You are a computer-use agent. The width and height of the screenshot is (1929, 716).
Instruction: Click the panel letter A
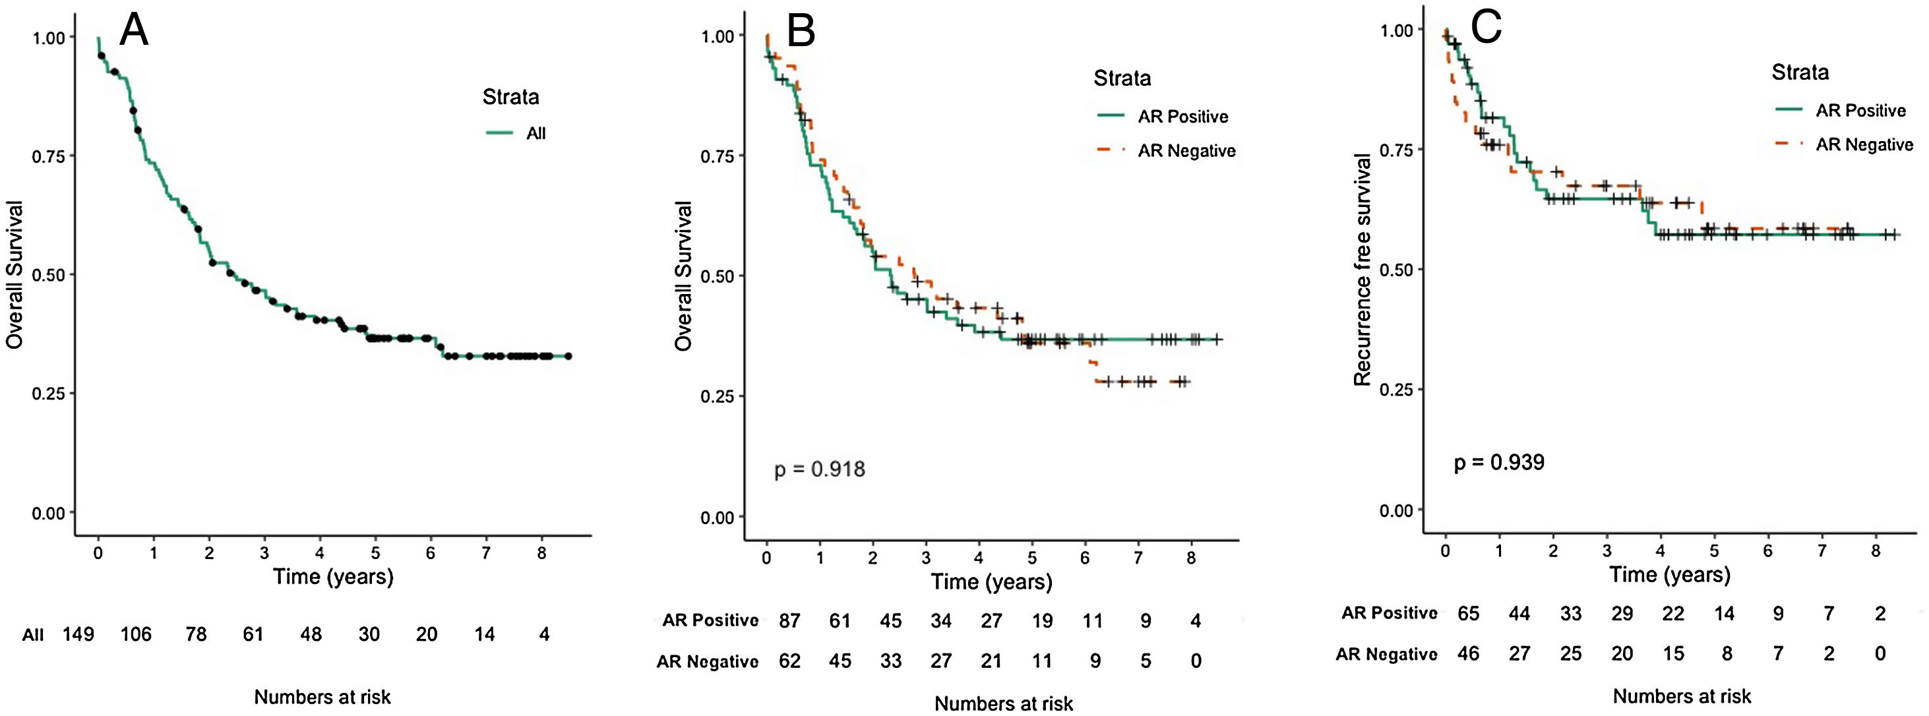[x=134, y=32]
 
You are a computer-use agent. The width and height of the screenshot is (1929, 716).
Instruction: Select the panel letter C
[x=1486, y=28]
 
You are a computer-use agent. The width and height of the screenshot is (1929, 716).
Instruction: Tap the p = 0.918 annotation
[x=819, y=469]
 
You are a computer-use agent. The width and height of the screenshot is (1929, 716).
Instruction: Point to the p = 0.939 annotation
[x=1498, y=462]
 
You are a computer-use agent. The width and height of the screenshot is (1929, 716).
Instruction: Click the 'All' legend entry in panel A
[x=536, y=133]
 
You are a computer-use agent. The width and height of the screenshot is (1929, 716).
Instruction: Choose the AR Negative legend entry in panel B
[x=1186, y=150]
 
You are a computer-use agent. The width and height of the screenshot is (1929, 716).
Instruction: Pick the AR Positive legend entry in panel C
[x=1860, y=111]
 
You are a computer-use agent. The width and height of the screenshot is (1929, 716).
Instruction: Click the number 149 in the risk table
[x=78, y=634]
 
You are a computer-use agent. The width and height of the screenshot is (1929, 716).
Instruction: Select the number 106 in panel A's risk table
[x=136, y=634]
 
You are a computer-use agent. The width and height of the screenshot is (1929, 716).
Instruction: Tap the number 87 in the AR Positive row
[x=789, y=621]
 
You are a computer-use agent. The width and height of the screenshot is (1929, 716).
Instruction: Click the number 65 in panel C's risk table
[x=1468, y=613]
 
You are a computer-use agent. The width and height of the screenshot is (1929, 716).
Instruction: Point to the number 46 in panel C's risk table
[x=1468, y=654]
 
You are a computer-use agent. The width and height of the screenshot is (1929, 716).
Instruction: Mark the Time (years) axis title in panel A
[x=332, y=576]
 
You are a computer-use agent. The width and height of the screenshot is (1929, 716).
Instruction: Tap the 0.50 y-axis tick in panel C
[x=1396, y=270]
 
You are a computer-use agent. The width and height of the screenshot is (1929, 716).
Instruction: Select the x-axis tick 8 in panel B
[x=1190, y=558]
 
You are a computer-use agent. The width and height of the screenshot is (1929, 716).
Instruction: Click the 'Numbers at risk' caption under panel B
[x=1004, y=704]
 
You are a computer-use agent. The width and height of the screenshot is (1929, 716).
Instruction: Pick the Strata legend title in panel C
[x=1800, y=72]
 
